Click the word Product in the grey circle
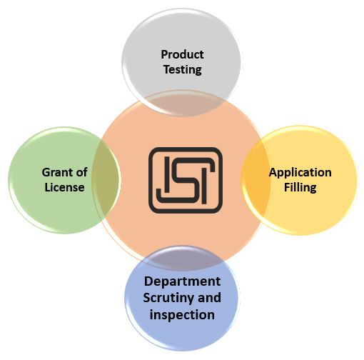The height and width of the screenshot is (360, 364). (182, 54)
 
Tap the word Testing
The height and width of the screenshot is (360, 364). (183, 70)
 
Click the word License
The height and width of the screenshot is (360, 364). (64, 187)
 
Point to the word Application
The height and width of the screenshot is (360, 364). (300, 173)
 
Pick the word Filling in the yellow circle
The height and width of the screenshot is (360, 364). (300, 188)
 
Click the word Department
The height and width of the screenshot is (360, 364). (182, 282)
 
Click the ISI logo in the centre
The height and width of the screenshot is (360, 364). (186, 180)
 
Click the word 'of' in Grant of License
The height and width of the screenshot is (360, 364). (81, 172)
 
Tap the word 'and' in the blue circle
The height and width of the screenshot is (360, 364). (209, 298)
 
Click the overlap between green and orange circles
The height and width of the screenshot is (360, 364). (106, 180)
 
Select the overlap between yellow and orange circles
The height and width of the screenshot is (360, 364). (256, 180)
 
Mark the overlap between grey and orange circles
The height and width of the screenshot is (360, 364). (182, 104)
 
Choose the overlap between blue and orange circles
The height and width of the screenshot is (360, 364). (183, 258)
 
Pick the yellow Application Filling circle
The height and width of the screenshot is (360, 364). (299, 180)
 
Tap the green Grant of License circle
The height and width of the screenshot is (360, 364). (64, 180)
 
